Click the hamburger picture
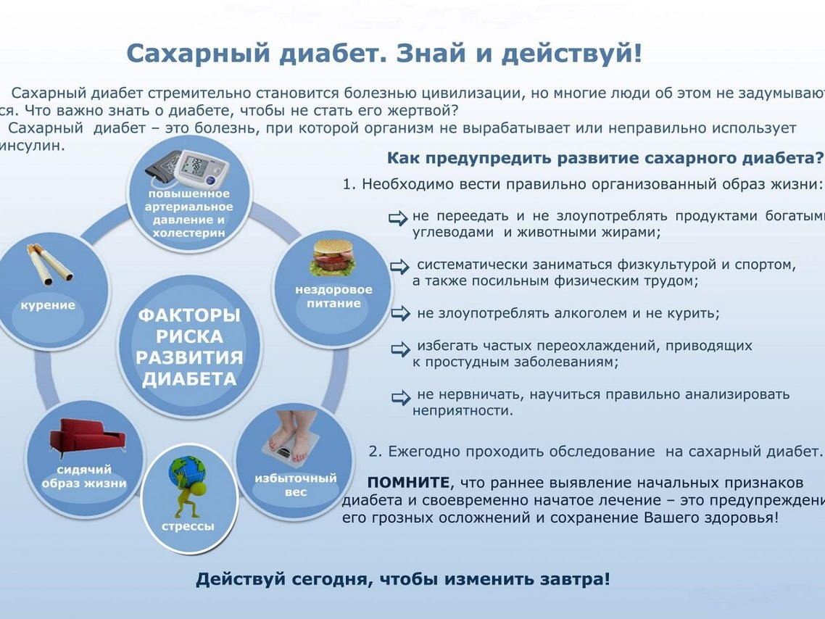coord(332,258)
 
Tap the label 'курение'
coord(48,305)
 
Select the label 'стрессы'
coord(188,526)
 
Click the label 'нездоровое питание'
coord(333,296)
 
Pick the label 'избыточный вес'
coord(296,485)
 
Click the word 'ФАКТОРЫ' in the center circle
coord(189,315)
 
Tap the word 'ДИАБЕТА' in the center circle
coord(189,378)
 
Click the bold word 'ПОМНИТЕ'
coord(408,482)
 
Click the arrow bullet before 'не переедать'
coord(398,217)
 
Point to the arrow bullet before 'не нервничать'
coord(401,397)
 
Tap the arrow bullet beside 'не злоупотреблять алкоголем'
coord(400,313)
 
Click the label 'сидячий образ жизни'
coord(84,476)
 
